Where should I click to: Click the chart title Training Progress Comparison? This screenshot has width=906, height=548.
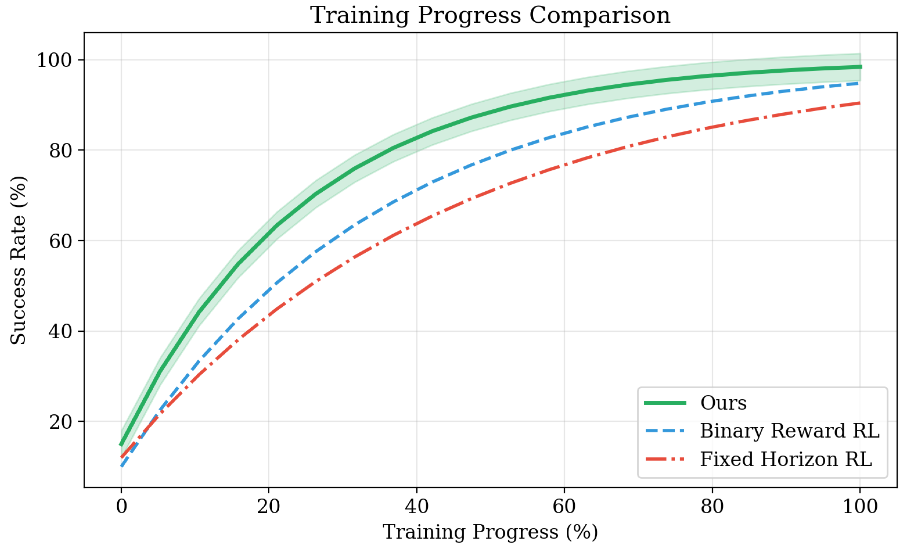[490, 15]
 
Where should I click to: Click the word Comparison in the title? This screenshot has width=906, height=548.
[599, 15]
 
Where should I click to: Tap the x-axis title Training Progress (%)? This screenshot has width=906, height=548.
[490, 532]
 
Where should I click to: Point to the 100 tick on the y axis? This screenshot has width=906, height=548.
[54, 60]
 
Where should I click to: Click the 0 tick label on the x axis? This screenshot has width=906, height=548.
[121, 506]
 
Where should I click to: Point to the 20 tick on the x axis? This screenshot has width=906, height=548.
[269, 506]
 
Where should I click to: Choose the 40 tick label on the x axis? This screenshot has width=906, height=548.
[417, 506]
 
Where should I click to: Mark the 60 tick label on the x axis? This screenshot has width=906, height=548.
[564, 506]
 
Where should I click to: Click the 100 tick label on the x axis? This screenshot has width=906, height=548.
[860, 506]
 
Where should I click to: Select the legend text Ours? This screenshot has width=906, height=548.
[723, 403]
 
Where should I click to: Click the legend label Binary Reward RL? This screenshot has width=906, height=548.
[789, 431]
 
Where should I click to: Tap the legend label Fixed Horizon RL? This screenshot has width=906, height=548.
[786, 459]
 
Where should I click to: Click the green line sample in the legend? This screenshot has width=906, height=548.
[665, 403]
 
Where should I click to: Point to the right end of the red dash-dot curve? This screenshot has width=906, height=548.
[859, 103]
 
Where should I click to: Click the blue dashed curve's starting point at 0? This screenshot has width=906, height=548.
[122, 466]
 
